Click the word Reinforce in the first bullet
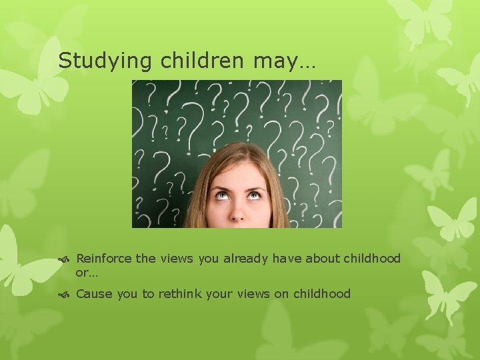[104, 259]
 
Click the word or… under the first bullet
[85, 273]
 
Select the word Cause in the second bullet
[94, 294]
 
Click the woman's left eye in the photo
[253, 195]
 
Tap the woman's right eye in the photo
[220, 195]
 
